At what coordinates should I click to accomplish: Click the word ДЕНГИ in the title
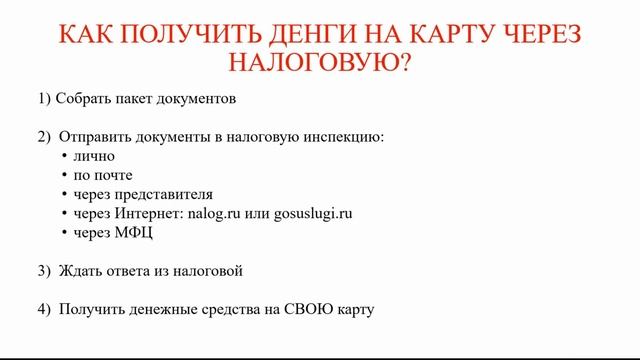[314, 34]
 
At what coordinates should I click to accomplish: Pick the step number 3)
[42, 271]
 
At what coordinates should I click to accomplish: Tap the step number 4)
[42, 309]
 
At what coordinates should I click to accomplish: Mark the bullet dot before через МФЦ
[64, 232]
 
